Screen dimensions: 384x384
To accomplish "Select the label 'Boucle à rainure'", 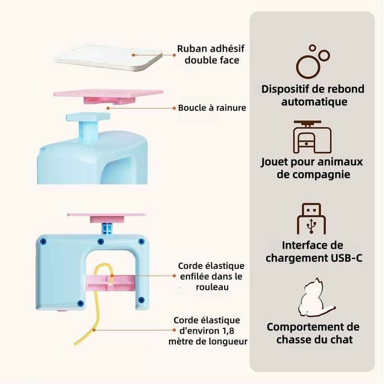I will [212, 108].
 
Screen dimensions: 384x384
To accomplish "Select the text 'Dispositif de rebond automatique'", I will [313, 95].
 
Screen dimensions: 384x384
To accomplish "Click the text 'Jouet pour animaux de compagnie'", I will [313, 168].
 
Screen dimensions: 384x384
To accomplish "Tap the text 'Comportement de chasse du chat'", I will [313, 333].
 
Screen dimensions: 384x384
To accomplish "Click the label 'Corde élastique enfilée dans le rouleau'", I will [211, 276].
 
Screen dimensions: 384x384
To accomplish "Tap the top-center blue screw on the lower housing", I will [100, 241].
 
